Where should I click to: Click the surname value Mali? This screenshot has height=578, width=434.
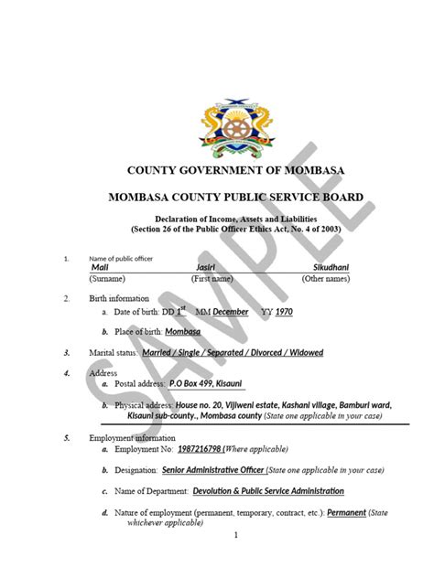[x=100, y=266]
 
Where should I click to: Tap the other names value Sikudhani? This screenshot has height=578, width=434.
[x=332, y=266]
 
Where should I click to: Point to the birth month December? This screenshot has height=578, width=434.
[x=231, y=312]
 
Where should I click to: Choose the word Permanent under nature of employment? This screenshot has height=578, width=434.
[x=347, y=513]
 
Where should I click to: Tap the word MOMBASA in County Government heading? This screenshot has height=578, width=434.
[x=303, y=171]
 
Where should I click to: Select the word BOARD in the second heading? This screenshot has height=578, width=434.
[x=336, y=198]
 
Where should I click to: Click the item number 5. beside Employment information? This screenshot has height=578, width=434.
[x=67, y=438]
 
